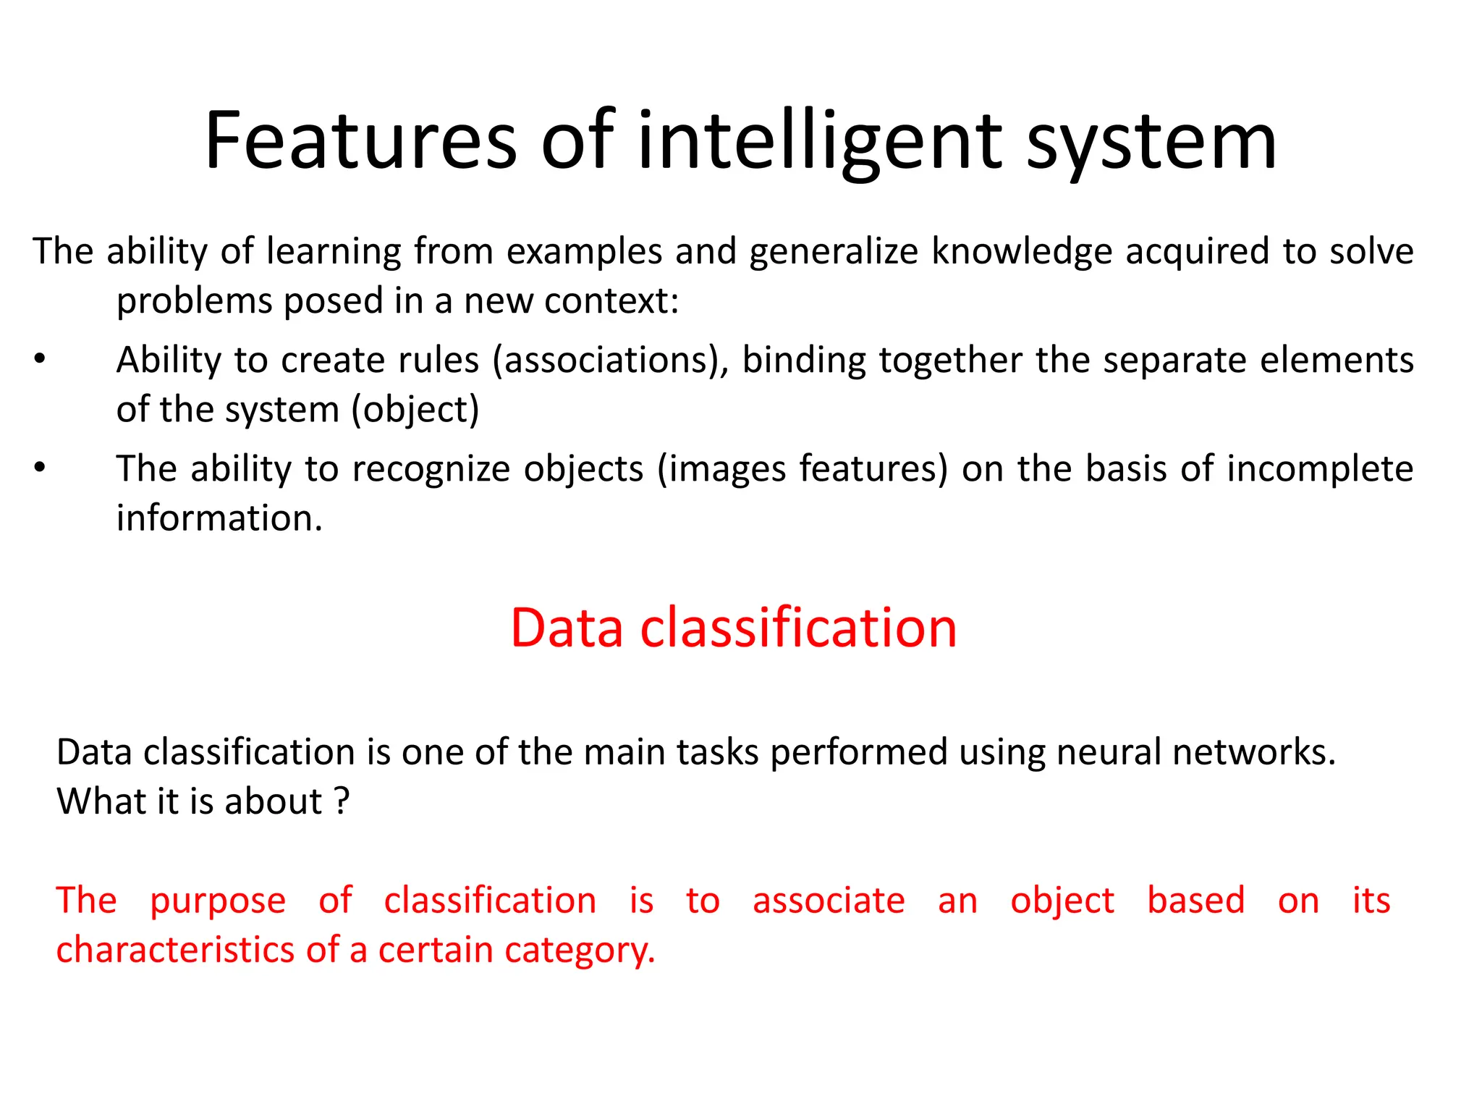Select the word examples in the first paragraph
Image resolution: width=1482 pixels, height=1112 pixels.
click(x=584, y=252)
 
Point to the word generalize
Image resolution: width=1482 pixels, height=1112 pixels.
click(x=834, y=252)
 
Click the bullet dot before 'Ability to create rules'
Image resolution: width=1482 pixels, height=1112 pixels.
click(x=40, y=360)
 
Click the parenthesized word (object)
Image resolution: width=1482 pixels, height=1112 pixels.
click(x=415, y=410)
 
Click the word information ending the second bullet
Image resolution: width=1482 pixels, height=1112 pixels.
click(x=219, y=518)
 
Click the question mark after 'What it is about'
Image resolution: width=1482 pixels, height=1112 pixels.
click(x=342, y=801)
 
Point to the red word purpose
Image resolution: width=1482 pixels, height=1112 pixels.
click(x=218, y=901)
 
